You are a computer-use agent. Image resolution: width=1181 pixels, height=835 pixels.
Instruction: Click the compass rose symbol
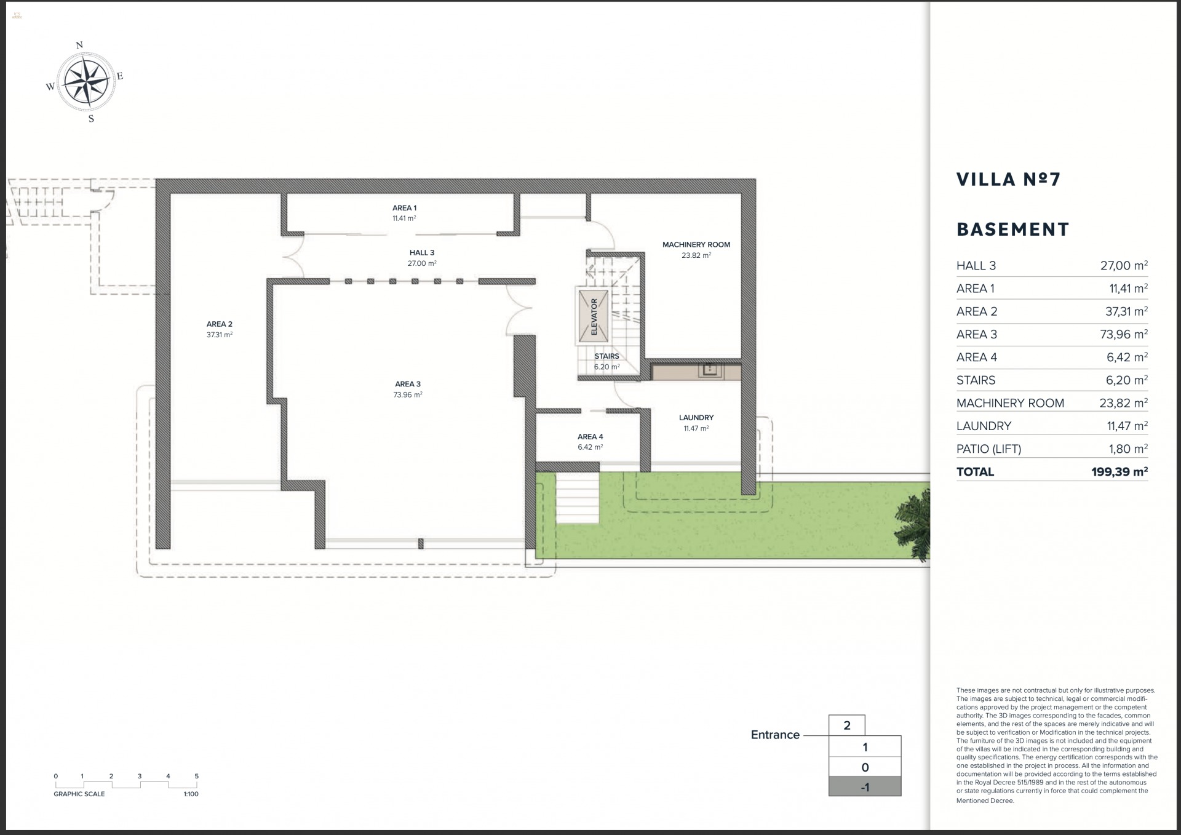tap(85, 82)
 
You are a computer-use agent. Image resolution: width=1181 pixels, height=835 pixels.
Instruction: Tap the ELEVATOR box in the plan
tap(594, 316)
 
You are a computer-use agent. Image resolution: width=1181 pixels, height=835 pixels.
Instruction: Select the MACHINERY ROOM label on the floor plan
tap(696, 244)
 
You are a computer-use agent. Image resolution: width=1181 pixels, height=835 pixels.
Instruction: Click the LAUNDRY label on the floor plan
tap(696, 417)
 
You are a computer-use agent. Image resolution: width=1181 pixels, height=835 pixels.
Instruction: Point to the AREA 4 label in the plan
tap(590, 437)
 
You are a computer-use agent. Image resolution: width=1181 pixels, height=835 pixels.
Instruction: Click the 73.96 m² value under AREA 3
tap(407, 395)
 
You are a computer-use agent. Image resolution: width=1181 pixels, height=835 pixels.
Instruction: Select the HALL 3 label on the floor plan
tap(422, 252)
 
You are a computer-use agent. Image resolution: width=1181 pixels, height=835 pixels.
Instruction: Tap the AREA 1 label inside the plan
tap(404, 208)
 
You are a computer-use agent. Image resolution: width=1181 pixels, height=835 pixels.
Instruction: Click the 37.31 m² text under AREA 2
tap(219, 335)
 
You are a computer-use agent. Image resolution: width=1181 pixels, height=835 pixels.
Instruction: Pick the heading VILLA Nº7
tap(1008, 179)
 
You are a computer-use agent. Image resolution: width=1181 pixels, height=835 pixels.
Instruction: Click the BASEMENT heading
tap(1012, 230)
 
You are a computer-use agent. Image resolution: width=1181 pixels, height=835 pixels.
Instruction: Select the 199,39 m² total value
tap(1119, 472)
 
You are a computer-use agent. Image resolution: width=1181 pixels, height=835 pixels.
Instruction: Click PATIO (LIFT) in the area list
tap(988, 449)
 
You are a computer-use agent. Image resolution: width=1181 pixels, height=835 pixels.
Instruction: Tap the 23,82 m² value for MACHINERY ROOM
tap(1123, 403)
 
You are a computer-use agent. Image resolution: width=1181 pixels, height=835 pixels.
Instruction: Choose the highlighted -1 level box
tap(864, 787)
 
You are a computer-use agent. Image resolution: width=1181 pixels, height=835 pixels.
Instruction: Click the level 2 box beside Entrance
tap(846, 725)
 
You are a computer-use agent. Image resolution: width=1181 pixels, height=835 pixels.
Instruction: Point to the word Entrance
tap(774, 735)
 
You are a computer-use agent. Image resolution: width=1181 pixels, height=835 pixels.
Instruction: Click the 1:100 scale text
tap(191, 794)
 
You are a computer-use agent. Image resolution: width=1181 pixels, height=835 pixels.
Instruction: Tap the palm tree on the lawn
tap(915, 524)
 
